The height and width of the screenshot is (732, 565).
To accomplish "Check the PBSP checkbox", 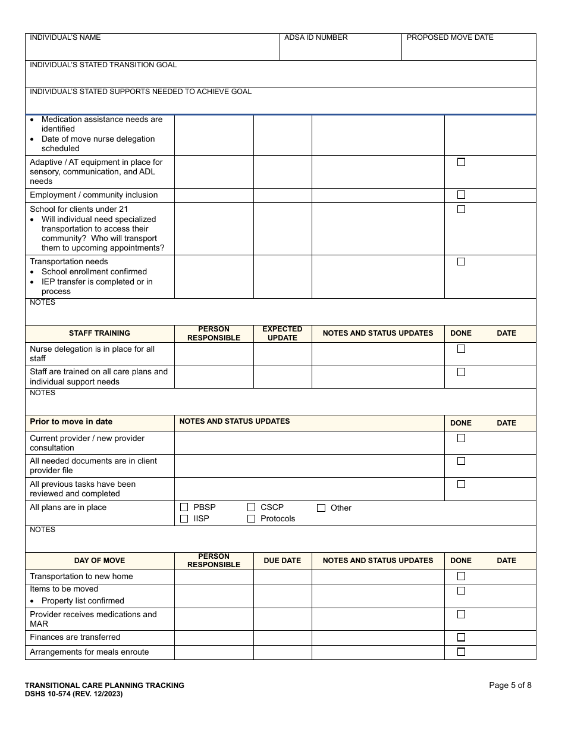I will coord(184,508).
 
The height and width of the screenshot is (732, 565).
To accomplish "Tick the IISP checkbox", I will coord(184,519).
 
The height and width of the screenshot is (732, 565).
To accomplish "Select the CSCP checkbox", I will coord(251,508).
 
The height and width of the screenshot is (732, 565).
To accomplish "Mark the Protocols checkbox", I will coord(251,519).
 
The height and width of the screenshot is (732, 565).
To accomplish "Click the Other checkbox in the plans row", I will coord(321,508).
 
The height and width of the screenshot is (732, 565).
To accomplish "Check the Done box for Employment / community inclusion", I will coord(461,195).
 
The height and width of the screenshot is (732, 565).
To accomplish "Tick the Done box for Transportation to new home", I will coord(461,576).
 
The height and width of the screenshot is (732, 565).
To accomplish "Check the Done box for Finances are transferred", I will coord(461,637).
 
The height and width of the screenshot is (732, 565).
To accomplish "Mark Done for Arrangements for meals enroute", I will coord(461,652).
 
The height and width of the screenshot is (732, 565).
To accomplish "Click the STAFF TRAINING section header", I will coord(99,333).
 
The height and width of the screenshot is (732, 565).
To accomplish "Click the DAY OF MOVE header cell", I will coord(99,561).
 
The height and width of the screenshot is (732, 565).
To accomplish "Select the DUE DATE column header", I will coord(282,561).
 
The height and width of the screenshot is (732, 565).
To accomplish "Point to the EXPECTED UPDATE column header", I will coord(282,333).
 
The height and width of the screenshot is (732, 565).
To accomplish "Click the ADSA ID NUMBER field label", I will coord(316,37).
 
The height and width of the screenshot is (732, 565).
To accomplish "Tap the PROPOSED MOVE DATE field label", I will coord(450,37).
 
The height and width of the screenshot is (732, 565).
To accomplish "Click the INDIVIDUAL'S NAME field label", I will coord(65,37).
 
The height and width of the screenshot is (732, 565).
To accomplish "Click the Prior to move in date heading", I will coord(71,422).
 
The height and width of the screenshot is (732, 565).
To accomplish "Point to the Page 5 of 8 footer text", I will coord(510,685).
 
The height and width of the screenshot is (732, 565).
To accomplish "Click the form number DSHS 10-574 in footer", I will coord(74,694).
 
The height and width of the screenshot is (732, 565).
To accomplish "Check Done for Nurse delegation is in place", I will coord(461,349).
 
